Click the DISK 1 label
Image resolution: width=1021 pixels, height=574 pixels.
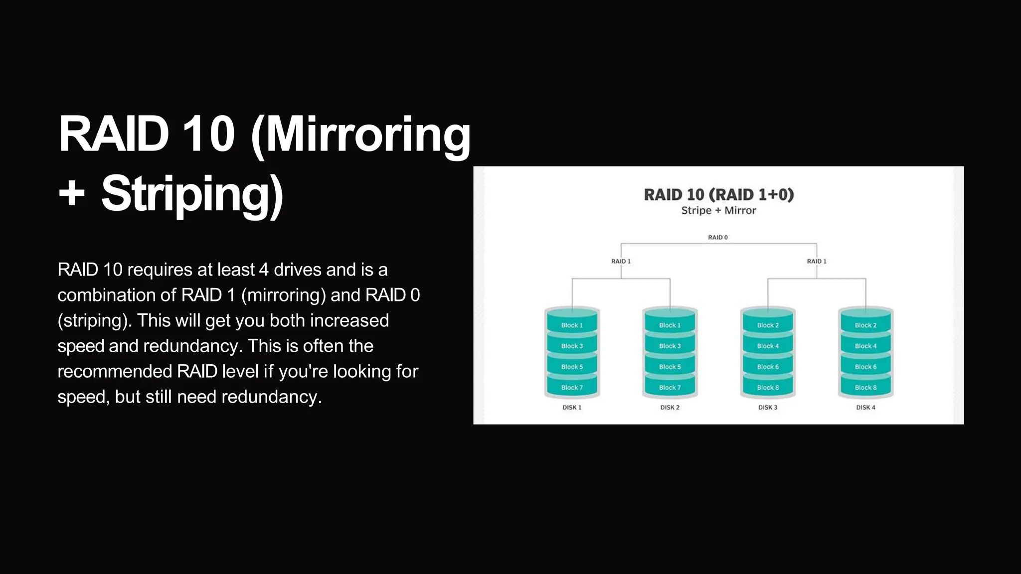coord(572,408)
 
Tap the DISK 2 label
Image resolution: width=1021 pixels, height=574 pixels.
coord(670,408)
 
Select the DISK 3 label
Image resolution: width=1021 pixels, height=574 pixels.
coord(768,408)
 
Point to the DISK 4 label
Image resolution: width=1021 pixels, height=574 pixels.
coord(865,408)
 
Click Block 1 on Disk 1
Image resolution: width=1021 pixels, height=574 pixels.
coord(572,325)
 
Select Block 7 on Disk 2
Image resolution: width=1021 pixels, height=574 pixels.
coord(670,388)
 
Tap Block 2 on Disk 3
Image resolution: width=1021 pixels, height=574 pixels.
coord(768,325)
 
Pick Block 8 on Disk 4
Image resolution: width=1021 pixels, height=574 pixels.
coord(865,388)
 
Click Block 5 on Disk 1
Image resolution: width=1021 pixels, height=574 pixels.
coord(572,367)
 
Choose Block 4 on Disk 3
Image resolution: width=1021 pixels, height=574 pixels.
coord(768,346)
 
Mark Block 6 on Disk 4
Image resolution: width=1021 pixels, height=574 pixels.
coord(865,367)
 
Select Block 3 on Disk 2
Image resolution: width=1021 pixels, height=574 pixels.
coord(670,346)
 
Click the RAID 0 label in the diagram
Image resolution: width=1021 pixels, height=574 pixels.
coord(718,238)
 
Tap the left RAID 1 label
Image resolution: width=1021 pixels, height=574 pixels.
coord(621,261)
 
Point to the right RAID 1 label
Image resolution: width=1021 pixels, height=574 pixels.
coord(817,261)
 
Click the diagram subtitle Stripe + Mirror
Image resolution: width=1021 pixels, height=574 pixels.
coord(718,211)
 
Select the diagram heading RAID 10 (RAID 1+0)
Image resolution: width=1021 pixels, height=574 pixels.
coord(718,194)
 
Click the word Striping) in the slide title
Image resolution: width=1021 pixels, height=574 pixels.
coord(192,194)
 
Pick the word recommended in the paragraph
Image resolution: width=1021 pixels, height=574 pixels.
coord(115,372)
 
